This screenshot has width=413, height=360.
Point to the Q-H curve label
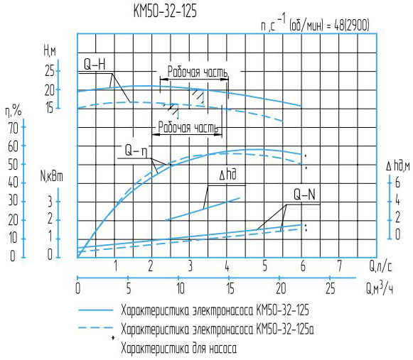tap(94, 65)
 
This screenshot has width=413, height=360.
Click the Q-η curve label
tap(135, 151)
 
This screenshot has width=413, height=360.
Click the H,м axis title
tap(50, 50)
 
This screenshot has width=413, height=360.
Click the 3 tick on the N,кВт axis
tap(49, 201)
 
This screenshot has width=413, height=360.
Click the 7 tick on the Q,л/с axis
tap(339, 266)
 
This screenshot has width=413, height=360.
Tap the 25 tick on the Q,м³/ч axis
tap(330, 288)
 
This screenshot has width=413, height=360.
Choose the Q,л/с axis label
tap(381, 266)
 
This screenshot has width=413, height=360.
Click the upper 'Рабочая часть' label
tap(198, 72)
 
